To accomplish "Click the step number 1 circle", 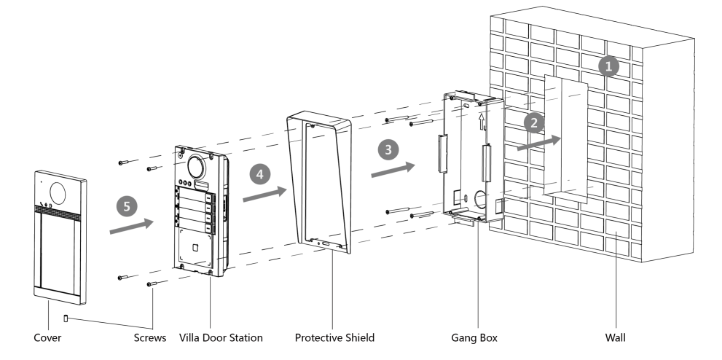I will (x=607, y=67).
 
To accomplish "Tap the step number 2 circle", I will (x=535, y=122).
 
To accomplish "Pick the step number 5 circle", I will (x=127, y=206).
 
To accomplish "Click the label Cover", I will (x=48, y=337).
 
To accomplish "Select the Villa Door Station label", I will (x=215, y=337).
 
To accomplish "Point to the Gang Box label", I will (x=475, y=337).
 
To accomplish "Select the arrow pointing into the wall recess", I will (x=540, y=142).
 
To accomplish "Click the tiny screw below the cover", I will (x=66, y=318).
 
